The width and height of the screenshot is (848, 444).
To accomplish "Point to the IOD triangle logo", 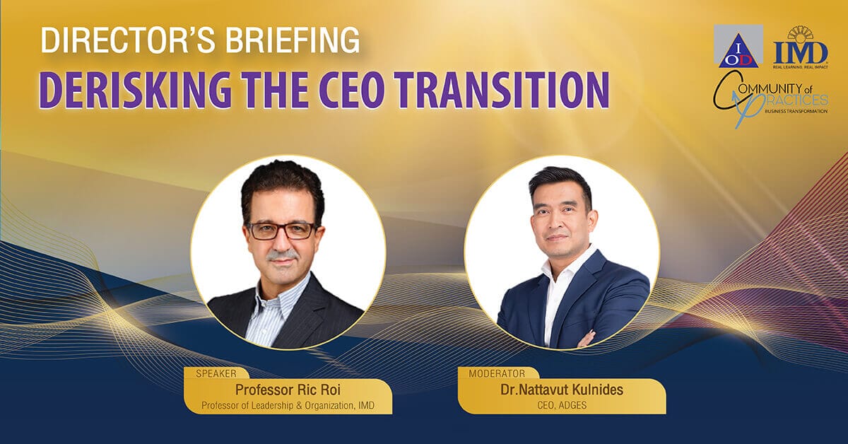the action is pyautogui.click(x=738, y=46).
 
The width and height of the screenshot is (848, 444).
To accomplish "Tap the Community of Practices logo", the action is pyautogui.click(x=771, y=100).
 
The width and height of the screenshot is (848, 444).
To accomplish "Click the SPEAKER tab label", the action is pyautogui.click(x=216, y=374).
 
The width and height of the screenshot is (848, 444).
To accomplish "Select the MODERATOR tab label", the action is pyautogui.click(x=497, y=373).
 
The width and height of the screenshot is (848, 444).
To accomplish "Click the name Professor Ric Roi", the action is pyautogui.click(x=288, y=390).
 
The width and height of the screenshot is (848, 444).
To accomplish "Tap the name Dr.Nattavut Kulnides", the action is pyautogui.click(x=562, y=390).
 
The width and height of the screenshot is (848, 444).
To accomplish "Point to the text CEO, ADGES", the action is pyautogui.click(x=562, y=405).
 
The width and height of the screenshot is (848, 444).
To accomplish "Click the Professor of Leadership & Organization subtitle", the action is pyautogui.click(x=288, y=405).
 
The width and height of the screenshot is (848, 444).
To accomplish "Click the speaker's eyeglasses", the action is pyautogui.click(x=282, y=230).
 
